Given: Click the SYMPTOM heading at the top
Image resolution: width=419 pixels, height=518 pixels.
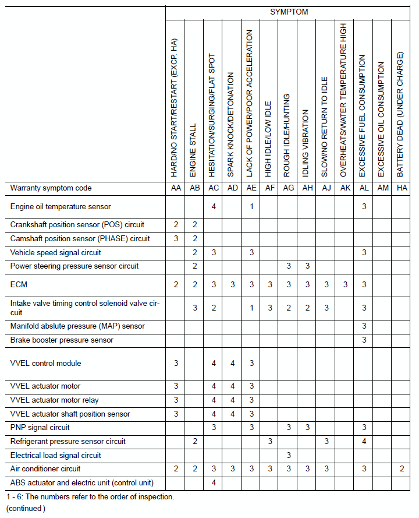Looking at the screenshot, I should (x=289, y=12).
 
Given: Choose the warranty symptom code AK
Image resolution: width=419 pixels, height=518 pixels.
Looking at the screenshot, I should (x=345, y=188).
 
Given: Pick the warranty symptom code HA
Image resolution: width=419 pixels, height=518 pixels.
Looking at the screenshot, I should (x=401, y=188).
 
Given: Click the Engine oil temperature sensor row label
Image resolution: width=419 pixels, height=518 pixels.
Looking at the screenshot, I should (x=61, y=206).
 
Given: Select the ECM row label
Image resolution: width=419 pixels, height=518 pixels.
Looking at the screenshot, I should (x=19, y=284).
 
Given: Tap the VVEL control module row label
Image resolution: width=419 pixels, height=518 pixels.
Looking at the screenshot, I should (x=46, y=363).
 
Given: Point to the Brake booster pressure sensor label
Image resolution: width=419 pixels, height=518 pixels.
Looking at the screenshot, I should (x=62, y=340).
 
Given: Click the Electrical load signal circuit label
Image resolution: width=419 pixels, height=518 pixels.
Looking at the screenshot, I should (x=56, y=455).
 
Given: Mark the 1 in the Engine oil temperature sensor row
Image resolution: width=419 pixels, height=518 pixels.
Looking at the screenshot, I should (x=251, y=206).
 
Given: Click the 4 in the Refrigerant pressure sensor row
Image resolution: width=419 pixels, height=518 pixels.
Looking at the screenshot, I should (x=364, y=442).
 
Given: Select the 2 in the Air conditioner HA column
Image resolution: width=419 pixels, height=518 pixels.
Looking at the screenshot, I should (x=401, y=468).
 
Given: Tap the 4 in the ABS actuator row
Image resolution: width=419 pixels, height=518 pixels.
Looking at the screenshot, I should (x=214, y=482).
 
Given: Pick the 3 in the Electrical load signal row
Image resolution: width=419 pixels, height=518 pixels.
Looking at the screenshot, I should (x=289, y=455).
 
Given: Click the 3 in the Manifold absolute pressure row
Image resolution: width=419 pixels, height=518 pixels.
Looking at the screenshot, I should (x=364, y=326).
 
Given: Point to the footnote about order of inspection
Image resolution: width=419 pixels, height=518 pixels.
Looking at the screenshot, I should (x=90, y=497).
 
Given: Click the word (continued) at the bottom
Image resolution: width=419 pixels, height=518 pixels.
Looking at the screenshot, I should (x=26, y=508).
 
